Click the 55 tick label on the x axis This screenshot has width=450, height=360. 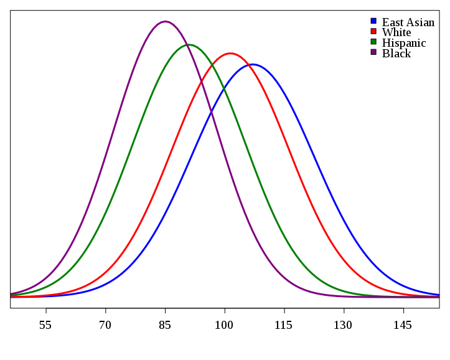[45, 325]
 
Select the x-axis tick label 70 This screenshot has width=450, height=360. [105, 325]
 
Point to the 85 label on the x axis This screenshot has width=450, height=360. [165, 325]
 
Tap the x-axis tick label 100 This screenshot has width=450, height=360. [224, 325]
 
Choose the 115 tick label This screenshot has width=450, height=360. [284, 325]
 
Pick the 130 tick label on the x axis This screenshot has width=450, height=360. [343, 325]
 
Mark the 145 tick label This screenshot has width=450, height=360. [403, 325]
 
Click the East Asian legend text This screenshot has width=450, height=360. [408, 22]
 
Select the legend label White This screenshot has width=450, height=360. [396, 32]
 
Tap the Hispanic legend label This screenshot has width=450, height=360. [404, 43]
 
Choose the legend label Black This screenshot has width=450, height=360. [396, 54]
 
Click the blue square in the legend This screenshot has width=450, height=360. [373, 21]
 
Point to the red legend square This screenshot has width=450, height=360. [373, 31]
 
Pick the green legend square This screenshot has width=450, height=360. [373, 42]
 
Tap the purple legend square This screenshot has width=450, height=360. [373, 52]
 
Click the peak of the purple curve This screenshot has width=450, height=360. [165, 21]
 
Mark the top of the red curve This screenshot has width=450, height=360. [230, 53]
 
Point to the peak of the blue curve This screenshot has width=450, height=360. [252, 64]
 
